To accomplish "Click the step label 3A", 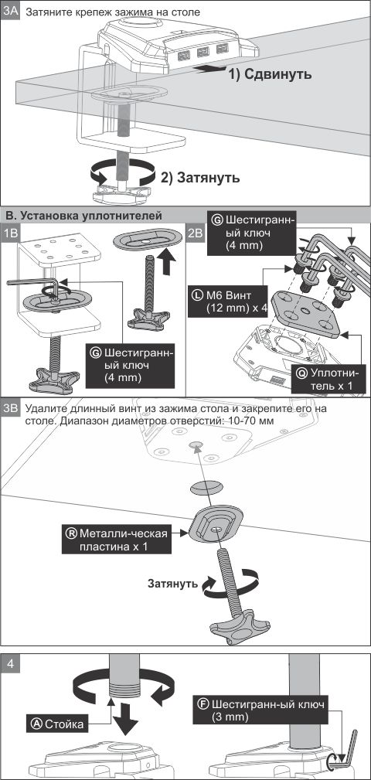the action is [11, 11].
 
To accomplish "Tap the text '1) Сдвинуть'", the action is [270, 74].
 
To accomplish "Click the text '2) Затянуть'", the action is [200, 178].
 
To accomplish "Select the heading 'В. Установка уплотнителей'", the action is [83, 216].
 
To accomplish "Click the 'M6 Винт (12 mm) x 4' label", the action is [228, 301].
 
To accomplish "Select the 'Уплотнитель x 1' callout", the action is [329, 379].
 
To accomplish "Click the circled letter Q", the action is [301, 373].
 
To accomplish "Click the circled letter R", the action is [72, 533].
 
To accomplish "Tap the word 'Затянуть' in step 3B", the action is [172, 583].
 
